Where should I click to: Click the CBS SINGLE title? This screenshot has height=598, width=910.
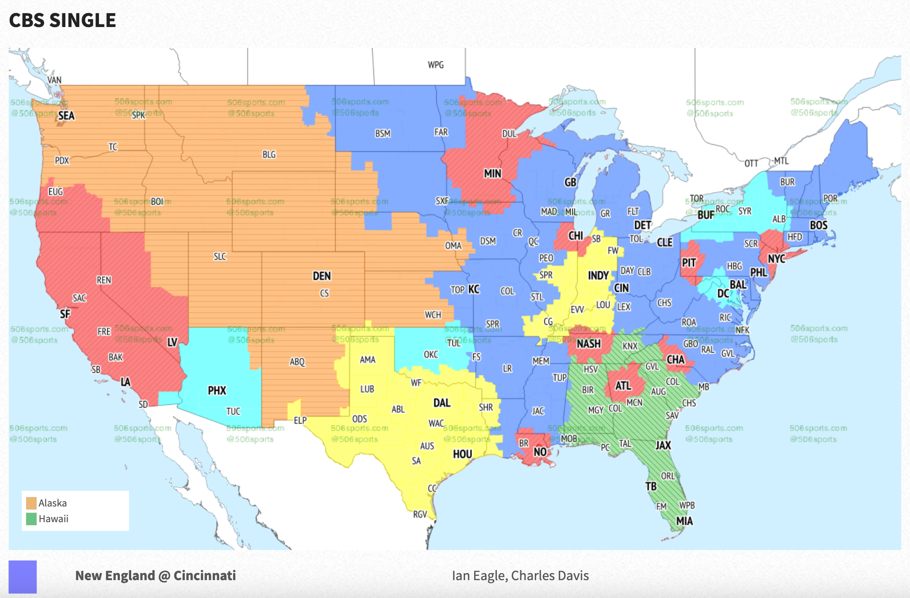tap(62, 20)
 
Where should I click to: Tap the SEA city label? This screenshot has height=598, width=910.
tap(66, 116)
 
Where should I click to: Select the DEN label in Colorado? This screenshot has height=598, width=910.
tap(322, 276)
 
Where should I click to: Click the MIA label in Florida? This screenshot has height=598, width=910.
tap(684, 521)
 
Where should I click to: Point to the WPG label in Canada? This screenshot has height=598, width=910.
tap(435, 65)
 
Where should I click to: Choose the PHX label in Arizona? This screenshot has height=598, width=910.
tap(217, 390)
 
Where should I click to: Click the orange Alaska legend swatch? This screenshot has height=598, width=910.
tap(31, 503)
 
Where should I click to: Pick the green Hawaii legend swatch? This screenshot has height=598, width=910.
tap(31, 519)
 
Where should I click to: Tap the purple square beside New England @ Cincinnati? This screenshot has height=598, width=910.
tap(23, 576)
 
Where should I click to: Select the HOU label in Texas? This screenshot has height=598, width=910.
tap(462, 454)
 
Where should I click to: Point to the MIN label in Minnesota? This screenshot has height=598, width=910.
tap(492, 173)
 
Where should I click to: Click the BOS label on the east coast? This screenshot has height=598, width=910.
tap(818, 225)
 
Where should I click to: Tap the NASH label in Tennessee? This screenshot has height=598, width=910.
tap(588, 344)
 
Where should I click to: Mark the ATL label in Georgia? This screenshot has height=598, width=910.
tap(623, 386)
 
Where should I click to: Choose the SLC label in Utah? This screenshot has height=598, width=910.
tap(220, 256)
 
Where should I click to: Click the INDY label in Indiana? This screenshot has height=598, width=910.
tap(598, 275)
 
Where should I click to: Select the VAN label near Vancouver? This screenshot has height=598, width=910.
tap(54, 80)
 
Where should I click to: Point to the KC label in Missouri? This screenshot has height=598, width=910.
tap(474, 289)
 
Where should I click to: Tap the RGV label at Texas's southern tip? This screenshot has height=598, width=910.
tap(420, 514)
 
